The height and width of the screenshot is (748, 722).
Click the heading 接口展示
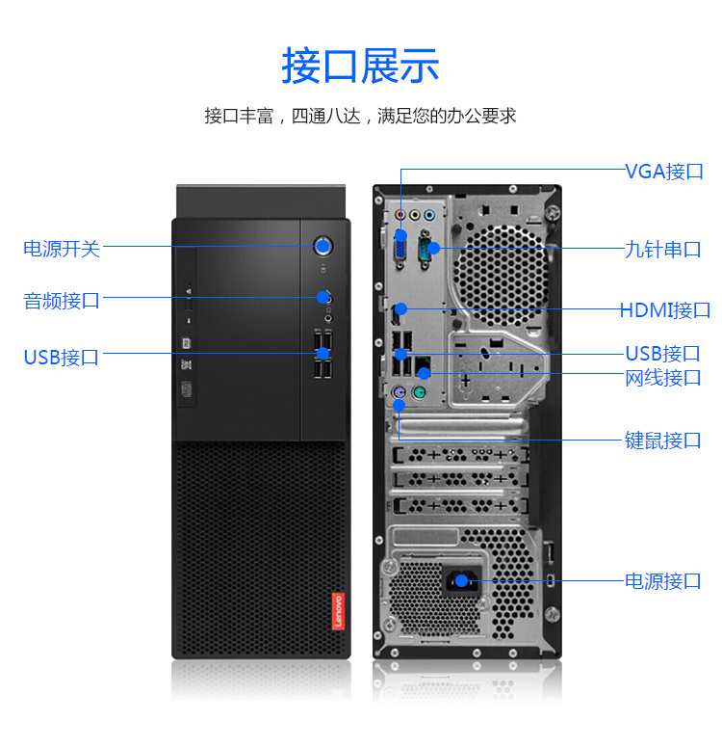[x=360, y=66]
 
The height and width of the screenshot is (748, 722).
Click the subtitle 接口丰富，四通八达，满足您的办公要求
[x=360, y=117]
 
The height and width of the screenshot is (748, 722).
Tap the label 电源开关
[x=62, y=249]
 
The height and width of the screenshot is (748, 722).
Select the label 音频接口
[x=62, y=301]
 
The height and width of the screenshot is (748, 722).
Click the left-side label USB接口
[x=62, y=358]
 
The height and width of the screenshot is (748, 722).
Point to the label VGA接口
[x=664, y=172]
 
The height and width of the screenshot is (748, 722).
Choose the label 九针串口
[x=663, y=250]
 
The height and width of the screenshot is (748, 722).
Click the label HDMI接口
[x=664, y=310]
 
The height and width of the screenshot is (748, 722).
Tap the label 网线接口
[x=663, y=378]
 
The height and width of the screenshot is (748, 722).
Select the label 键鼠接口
[x=663, y=441]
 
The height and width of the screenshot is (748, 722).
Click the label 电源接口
[x=663, y=581]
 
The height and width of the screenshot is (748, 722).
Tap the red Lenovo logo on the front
[x=338, y=610]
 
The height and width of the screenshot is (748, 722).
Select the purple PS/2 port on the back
[x=399, y=392]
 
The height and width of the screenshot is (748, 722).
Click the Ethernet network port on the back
[x=424, y=369]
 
